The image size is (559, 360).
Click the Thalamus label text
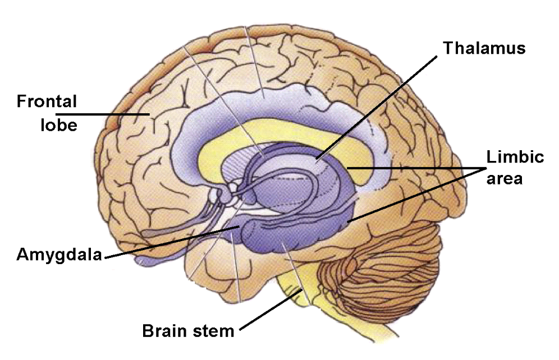pyautogui.click(x=484, y=48)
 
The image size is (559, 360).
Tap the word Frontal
pyautogui.click(x=47, y=101)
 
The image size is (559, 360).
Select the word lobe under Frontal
pyautogui.click(x=58, y=124)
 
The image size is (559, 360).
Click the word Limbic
pyautogui.click(x=515, y=156)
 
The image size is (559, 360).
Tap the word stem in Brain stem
pyautogui.click(x=213, y=330)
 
